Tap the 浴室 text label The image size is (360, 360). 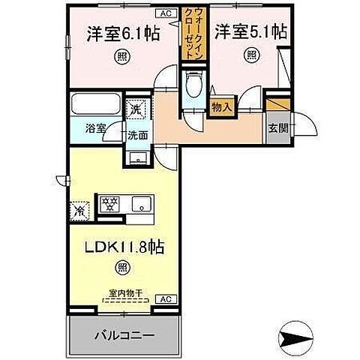point(94,127)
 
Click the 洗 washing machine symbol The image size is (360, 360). point(135,109)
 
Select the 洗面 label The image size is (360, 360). point(136,136)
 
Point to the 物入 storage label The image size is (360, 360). point(221,108)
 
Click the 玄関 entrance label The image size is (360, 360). point(277,127)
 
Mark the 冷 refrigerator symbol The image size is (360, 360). point(79,211)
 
